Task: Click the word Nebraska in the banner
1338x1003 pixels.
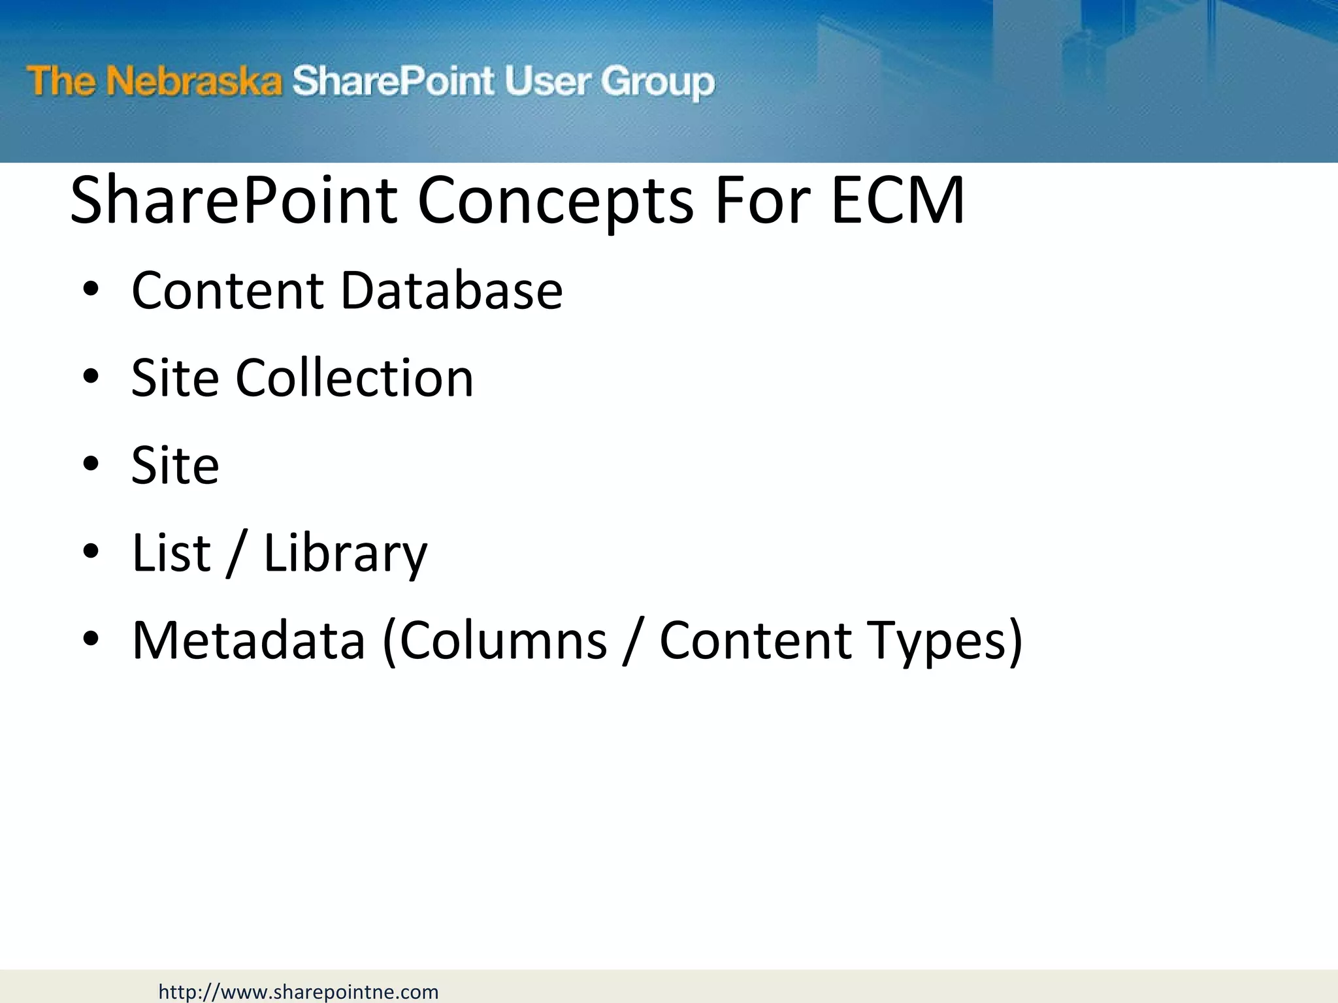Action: (194, 82)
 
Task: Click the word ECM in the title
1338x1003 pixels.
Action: (898, 200)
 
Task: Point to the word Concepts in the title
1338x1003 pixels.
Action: (555, 201)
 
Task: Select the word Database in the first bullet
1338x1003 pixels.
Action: (451, 290)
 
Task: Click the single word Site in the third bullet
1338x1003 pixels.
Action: (175, 465)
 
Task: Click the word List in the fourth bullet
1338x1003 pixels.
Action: (171, 552)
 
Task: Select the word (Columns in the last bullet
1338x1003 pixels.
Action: (495, 641)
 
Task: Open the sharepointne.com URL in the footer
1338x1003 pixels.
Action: (299, 992)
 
